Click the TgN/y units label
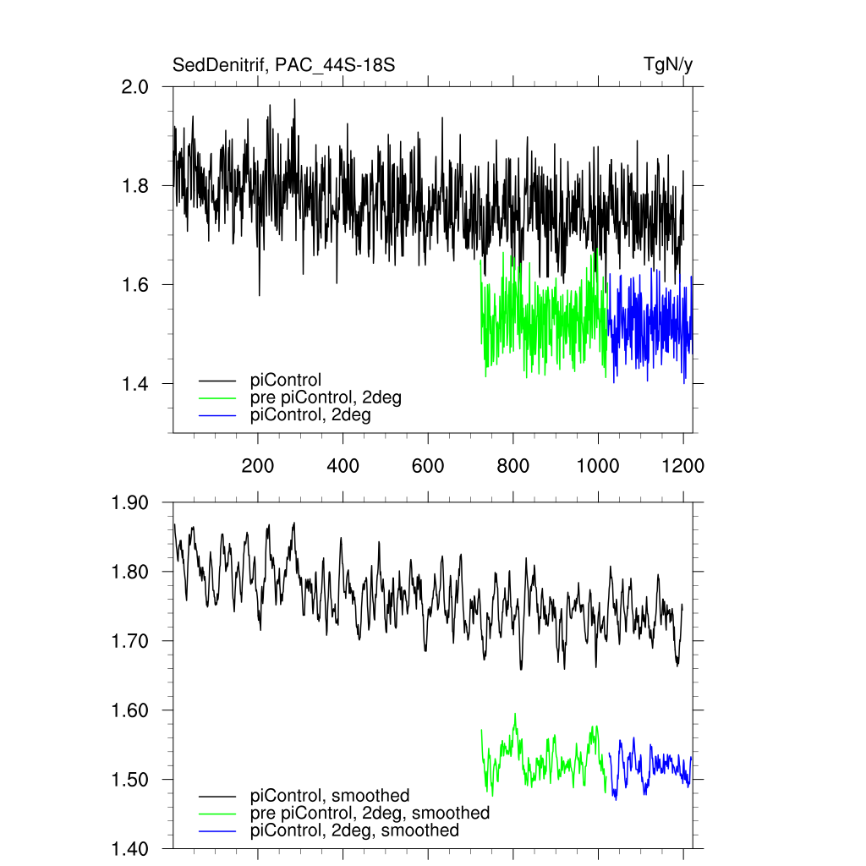pyautogui.click(x=668, y=64)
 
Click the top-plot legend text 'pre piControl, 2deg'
pyautogui.click(x=326, y=397)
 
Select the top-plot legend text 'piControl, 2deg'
pyautogui.click(x=311, y=415)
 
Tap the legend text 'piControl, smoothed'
pyautogui.click(x=330, y=795)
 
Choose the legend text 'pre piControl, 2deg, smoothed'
pyautogui.click(x=370, y=813)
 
